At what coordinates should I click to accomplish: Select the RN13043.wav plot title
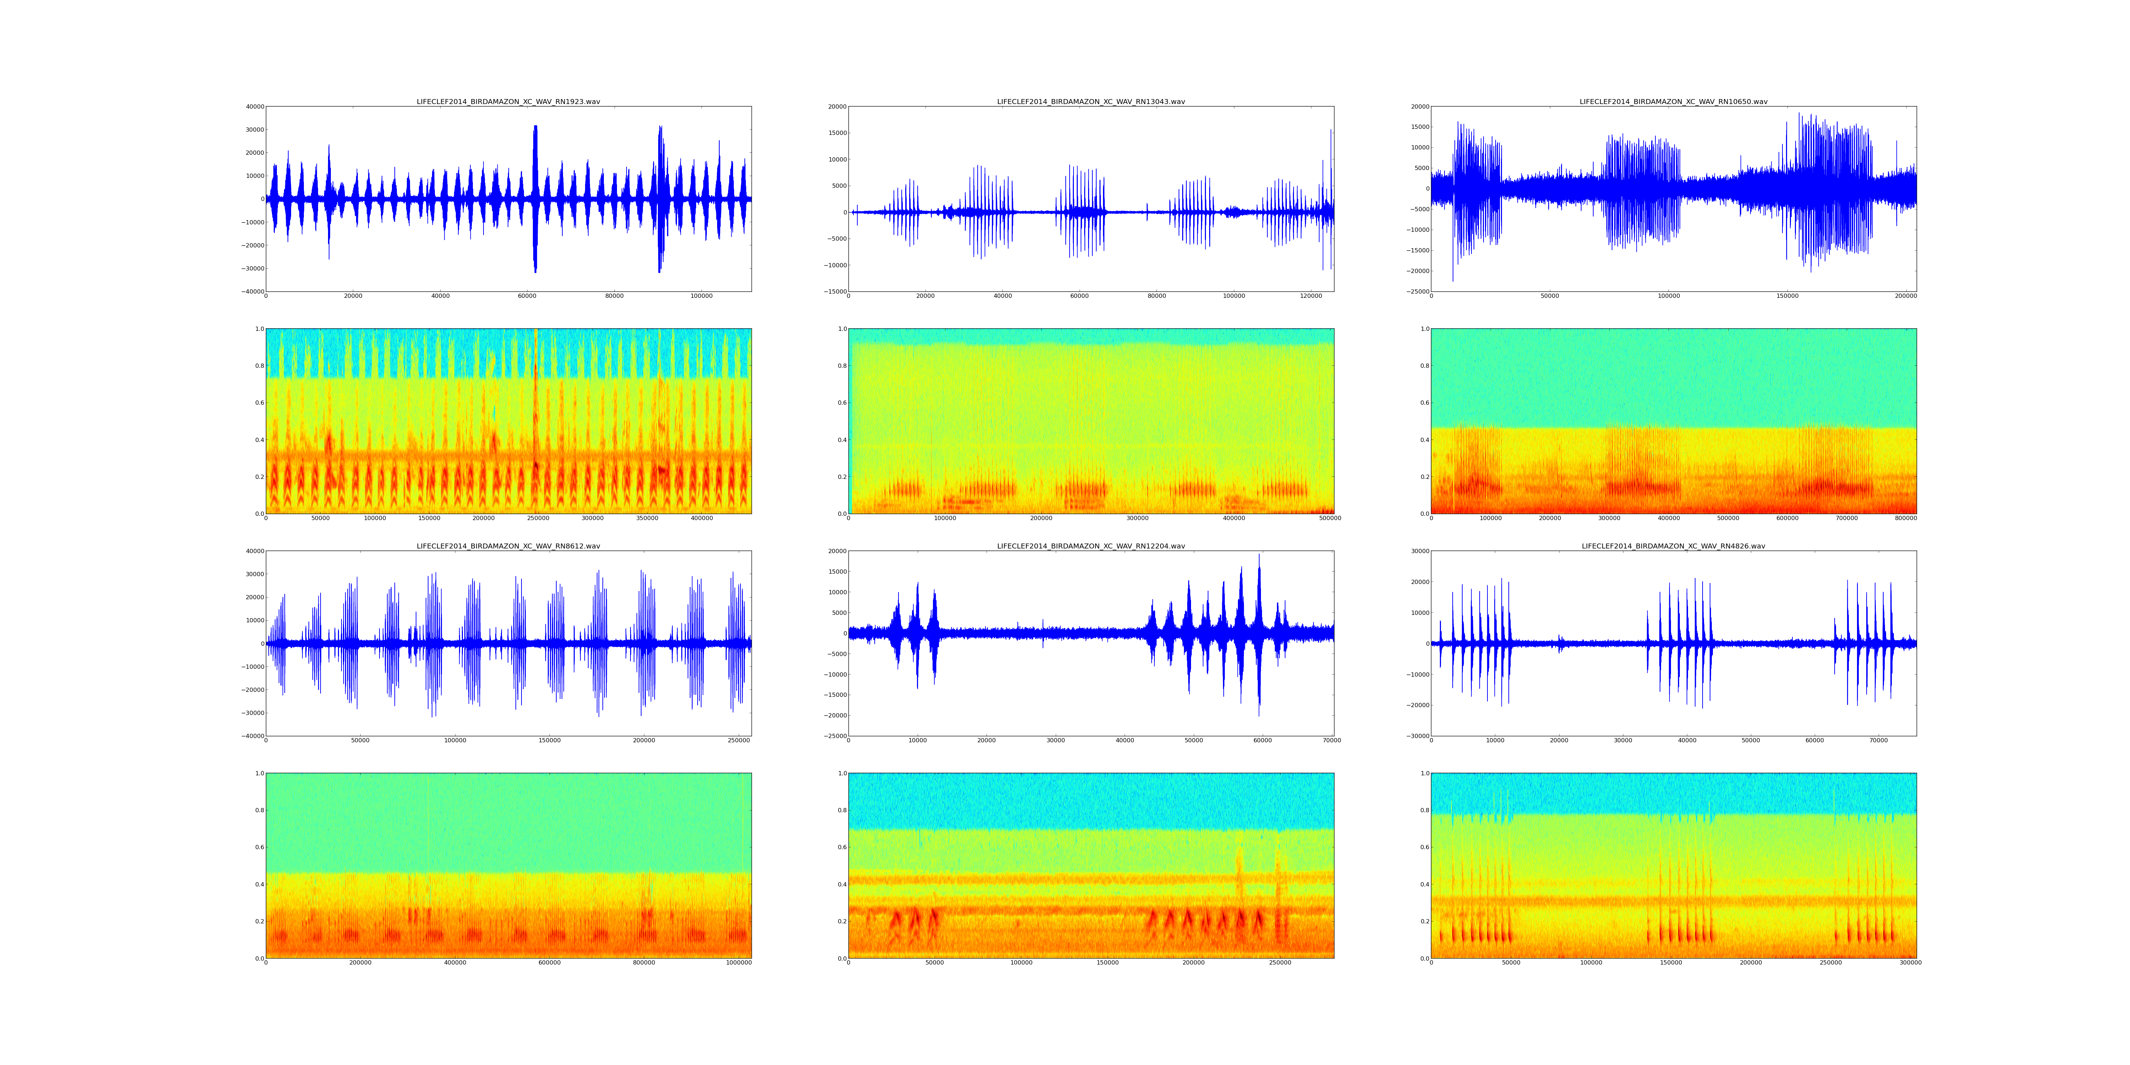[1091, 102]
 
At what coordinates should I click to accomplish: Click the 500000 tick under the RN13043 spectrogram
[1331, 518]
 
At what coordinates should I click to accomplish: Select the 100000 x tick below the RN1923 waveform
[701, 296]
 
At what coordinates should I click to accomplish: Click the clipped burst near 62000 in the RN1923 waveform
[535, 198]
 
